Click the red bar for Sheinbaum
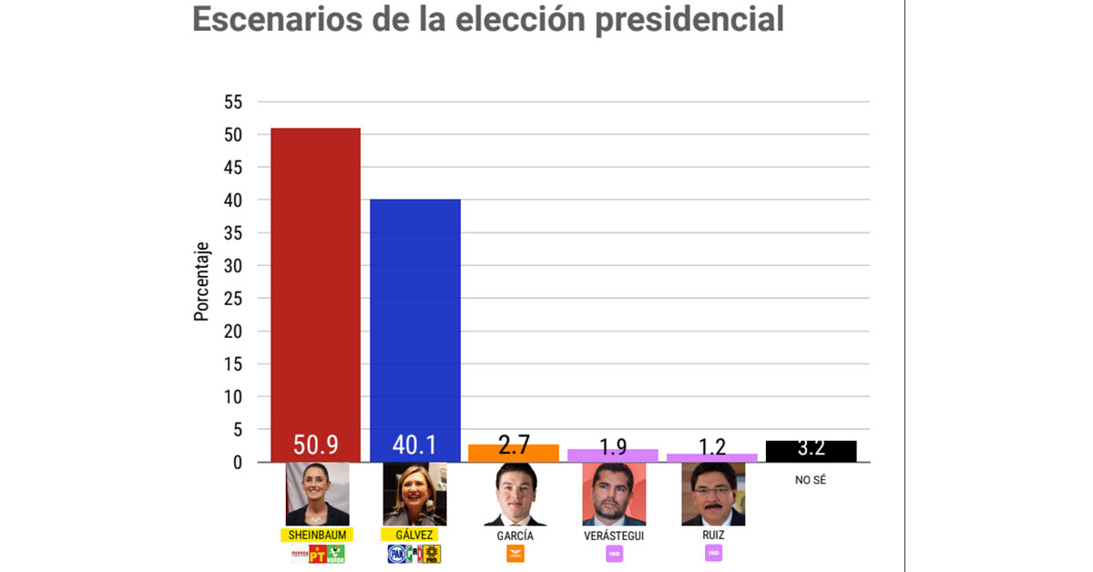[315, 273]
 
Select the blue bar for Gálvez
[414, 310]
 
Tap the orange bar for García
[514, 453]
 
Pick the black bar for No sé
[811, 451]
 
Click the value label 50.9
[315, 445]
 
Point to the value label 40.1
[414, 445]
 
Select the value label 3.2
[811, 447]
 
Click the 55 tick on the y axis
[233, 102]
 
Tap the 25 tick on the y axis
[233, 299]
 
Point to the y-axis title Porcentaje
[201, 281]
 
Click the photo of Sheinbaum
[317, 494]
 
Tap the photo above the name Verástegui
[614, 494]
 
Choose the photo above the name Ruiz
[713, 494]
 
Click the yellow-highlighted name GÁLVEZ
[414, 535]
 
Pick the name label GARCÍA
[515, 536]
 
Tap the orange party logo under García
[515, 554]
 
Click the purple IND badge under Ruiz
[713, 553]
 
